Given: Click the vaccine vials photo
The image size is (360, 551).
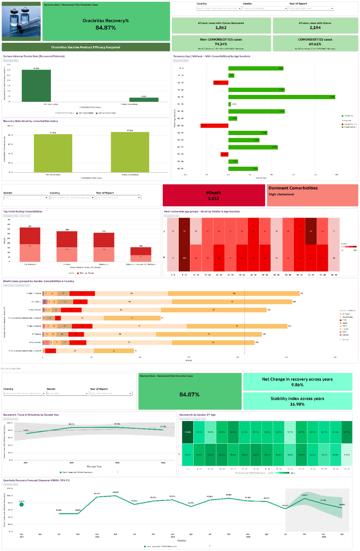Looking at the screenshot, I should click(x=21, y=21).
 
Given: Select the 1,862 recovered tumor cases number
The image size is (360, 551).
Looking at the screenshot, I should click(x=221, y=27).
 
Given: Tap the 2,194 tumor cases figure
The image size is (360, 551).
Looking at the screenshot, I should click(x=315, y=27).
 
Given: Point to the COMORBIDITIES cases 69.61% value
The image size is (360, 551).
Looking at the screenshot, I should click(x=315, y=44).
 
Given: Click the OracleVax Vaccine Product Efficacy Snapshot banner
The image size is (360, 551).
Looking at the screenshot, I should click(x=86, y=47).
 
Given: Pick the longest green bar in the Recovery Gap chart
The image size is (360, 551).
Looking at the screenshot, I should click(x=281, y=97).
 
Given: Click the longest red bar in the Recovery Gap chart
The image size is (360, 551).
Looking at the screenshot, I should click(x=210, y=126).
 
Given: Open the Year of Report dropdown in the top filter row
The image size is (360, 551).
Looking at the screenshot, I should click(x=312, y=8).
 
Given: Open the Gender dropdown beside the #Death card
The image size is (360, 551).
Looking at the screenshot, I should click(x=26, y=197).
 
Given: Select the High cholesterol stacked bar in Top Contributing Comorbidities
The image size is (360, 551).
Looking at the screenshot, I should click(x=30, y=245).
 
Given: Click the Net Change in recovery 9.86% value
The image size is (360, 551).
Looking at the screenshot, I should click(x=298, y=385).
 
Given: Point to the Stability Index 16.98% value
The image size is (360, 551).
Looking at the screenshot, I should click(x=298, y=404).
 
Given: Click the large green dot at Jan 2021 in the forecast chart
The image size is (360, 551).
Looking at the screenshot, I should click(x=21, y=504).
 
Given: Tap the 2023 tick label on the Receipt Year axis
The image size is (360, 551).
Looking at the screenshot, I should click(x=117, y=463).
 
